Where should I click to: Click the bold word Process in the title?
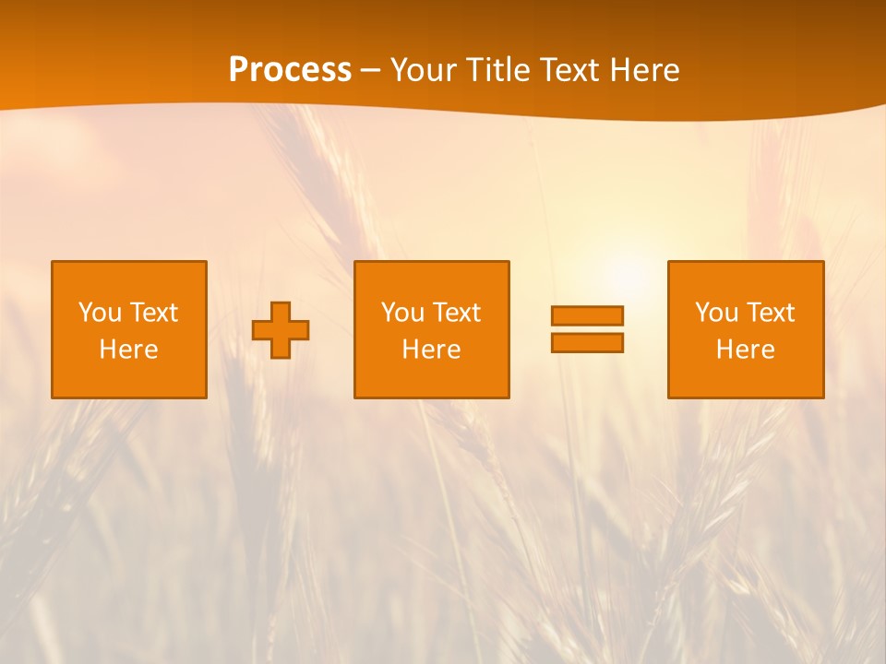point(290,70)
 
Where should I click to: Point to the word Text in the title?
point(569,70)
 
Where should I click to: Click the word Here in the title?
point(643,70)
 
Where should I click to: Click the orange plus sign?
point(281,330)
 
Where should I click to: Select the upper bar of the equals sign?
point(587,315)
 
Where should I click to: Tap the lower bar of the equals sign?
point(587,342)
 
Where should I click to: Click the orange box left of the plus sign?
point(129,277)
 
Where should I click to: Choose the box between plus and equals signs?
point(431,277)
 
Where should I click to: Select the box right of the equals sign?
point(745,277)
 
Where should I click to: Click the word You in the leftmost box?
point(99,313)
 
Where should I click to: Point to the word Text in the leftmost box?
point(153,313)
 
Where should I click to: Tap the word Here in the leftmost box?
point(128,350)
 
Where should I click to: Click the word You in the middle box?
point(401,313)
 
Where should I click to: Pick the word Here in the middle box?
point(431,350)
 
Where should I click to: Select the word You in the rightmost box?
point(715,313)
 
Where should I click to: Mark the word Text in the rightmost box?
point(770,313)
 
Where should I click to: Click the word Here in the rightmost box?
point(745,350)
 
